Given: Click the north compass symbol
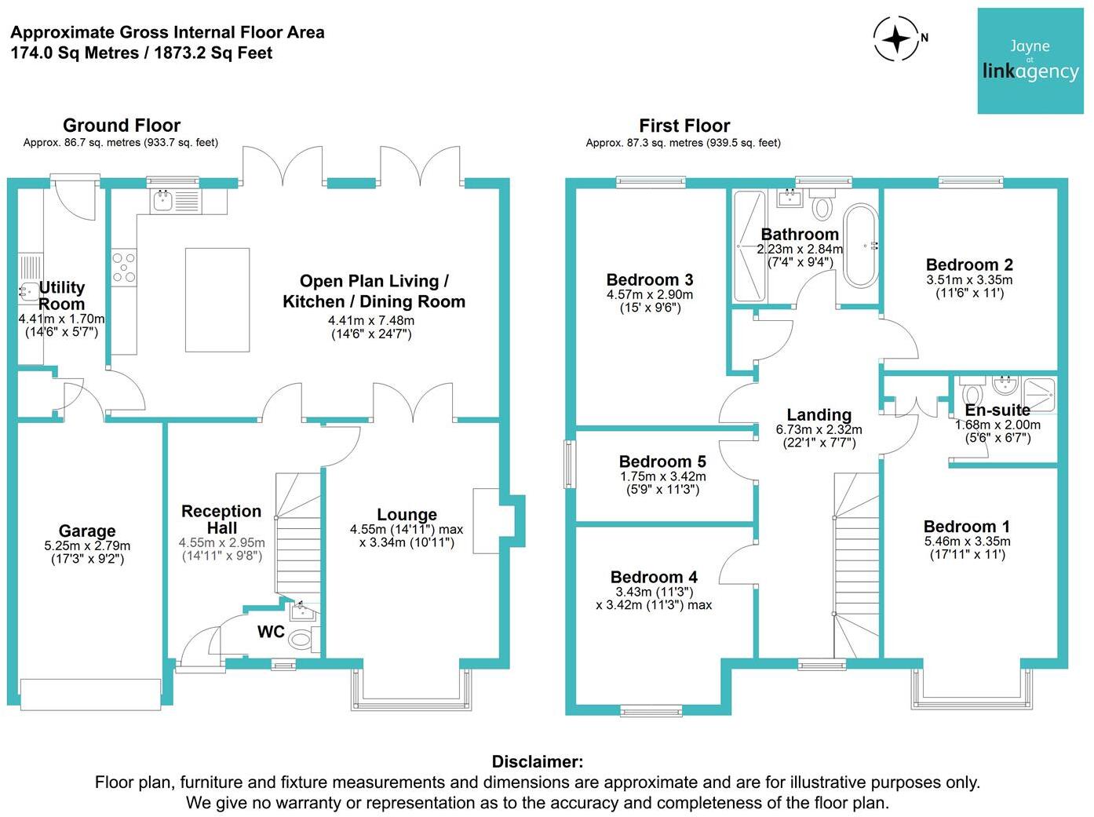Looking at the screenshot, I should pos(896,38).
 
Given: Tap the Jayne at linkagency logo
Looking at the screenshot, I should pos(1030,61).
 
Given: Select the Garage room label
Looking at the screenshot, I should pos(86,531).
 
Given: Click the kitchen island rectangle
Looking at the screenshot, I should pos(217,300).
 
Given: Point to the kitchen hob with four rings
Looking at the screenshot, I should pos(123,267).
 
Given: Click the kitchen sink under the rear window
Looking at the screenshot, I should pos(163,202).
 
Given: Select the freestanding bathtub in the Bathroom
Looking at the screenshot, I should pos(860,246).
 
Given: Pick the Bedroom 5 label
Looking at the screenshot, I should pos(662,461).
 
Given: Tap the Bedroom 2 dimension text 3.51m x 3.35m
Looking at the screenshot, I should pos(969,280).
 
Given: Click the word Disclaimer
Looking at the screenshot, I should pos(538,761).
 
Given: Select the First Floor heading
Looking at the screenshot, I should pos(684,126).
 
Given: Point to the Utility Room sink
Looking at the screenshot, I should pos(28,293).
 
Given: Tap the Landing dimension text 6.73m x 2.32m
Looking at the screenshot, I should pos(819,429).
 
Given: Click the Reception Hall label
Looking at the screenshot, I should pos(221,520).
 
